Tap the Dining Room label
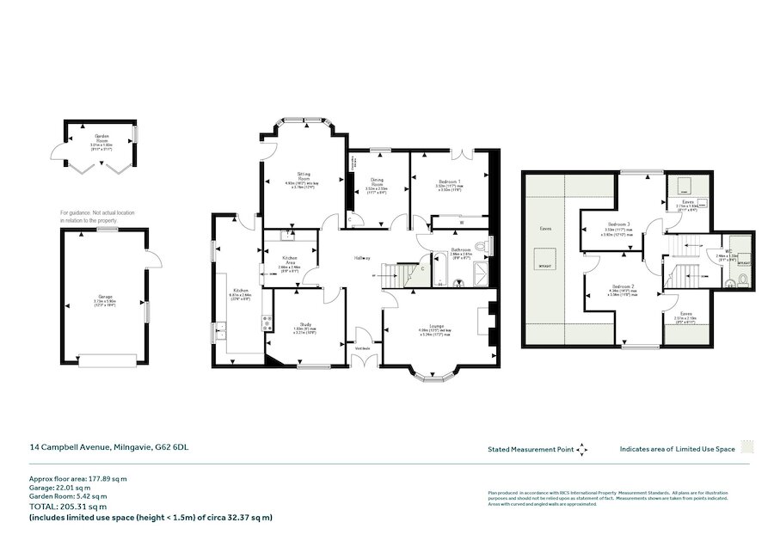click(x=377, y=181)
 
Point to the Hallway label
click(x=363, y=258)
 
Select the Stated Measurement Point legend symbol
click(x=582, y=449)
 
